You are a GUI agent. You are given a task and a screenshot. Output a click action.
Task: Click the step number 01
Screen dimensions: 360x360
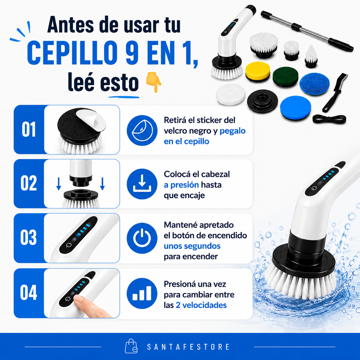pos(29,129)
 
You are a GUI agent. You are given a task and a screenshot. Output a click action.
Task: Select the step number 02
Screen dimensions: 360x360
pos(29,183)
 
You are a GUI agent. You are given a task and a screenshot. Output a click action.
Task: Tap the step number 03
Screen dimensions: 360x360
pos(29,237)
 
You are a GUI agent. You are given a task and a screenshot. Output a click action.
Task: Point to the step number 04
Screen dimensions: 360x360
pos(29,293)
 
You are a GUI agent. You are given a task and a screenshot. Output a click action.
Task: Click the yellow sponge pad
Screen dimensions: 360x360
pos(258,71)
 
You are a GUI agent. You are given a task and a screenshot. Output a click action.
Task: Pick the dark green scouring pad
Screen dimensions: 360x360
pos(285,77)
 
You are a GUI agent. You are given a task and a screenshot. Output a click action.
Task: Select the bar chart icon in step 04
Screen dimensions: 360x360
pos(142,293)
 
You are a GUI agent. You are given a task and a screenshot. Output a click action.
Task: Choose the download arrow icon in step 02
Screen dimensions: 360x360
pos(142,184)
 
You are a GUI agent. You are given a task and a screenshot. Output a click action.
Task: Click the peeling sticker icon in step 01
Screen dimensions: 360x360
pos(142,130)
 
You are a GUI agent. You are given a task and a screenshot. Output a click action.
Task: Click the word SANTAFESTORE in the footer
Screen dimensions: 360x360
pos(188,347)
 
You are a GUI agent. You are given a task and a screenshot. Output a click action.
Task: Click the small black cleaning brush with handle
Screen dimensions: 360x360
pos(335,92)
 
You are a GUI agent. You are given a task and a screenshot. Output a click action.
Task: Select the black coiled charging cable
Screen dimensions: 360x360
pos(329,119)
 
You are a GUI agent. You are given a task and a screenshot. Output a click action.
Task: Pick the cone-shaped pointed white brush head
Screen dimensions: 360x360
pos(311,56)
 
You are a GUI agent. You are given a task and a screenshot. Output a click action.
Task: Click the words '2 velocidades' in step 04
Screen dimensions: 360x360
pos(201,305)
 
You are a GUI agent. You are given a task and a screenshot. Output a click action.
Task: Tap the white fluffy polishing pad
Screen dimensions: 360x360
pos(231,94)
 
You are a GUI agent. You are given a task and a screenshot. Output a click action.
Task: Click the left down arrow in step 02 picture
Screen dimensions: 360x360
pos(59,184)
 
